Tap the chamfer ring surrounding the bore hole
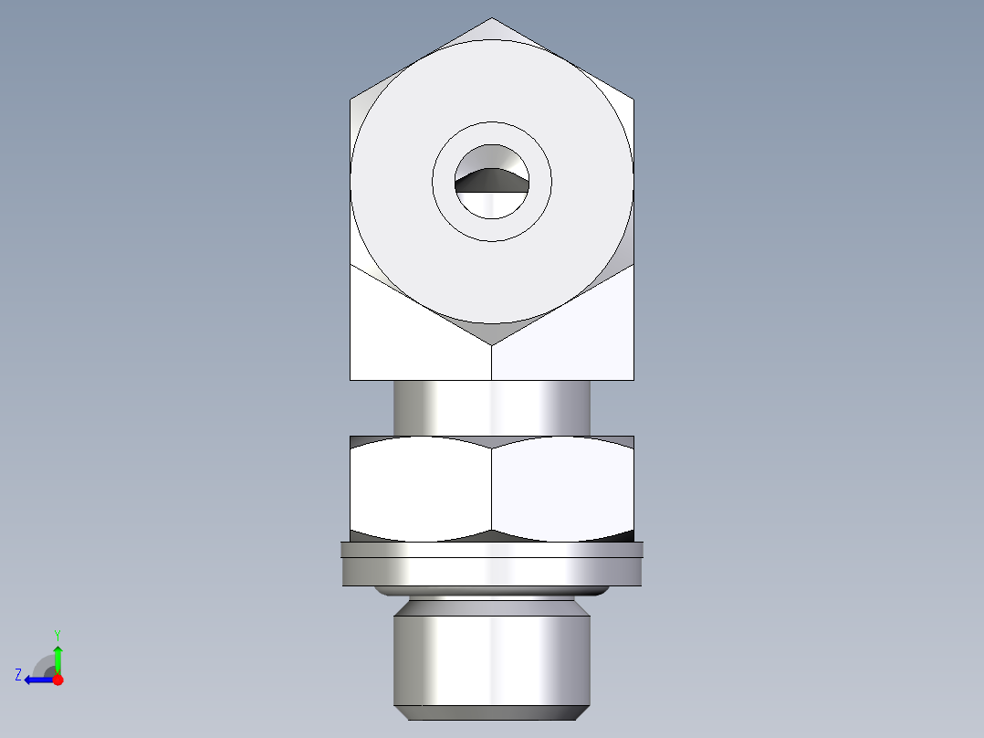tap(492, 228)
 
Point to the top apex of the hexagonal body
tap(492, 19)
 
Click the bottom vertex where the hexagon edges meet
tap(492, 345)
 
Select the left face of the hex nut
tap(420, 484)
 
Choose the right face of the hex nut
tap(562, 484)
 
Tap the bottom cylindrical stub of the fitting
tap(492, 658)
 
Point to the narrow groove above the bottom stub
tap(492, 604)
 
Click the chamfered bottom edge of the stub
tap(492, 712)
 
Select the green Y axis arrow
tap(58, 658)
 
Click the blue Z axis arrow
tap(37, 680)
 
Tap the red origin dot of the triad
tap(58, 680)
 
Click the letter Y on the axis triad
tap(57, 634)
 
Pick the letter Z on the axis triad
tap(18, 675)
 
